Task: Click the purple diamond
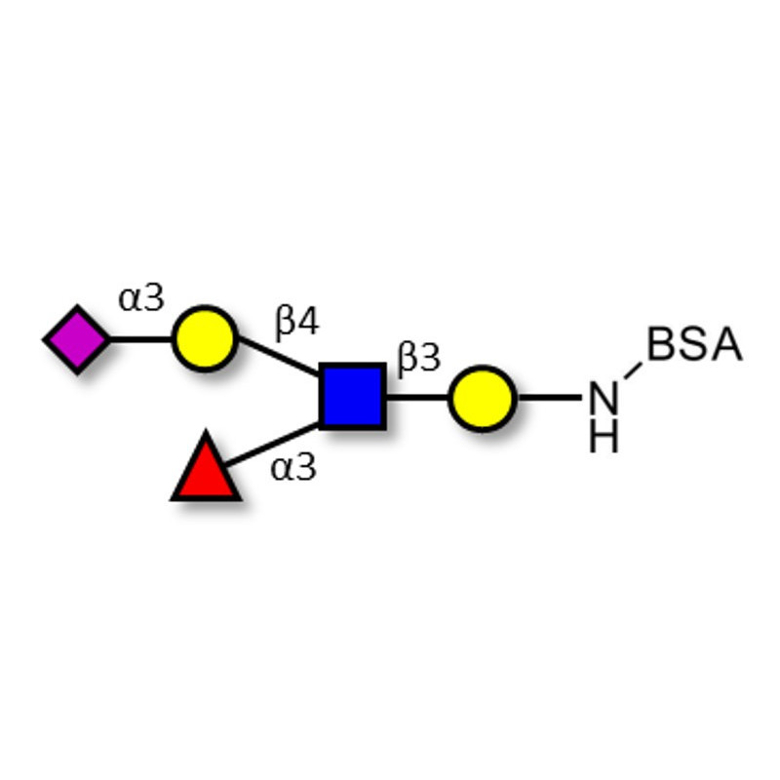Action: [76, 339]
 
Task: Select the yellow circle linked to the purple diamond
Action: [205, 339]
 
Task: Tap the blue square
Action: [352, 397]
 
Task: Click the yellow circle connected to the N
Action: [483, 398]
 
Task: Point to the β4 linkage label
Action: [296, 321]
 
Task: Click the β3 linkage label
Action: [419, 359]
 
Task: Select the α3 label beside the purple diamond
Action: [141, 298]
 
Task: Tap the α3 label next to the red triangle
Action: [293, 468]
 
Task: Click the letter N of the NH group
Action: [604, 399]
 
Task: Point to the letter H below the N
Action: [604, 438]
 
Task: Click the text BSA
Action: [694, 346]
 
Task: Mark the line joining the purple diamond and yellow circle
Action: [140, 339]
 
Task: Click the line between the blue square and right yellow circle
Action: [417, 398]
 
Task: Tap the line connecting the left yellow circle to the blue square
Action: [279, 358]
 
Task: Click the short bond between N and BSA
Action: [633, 371]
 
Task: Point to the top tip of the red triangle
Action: [206, 435]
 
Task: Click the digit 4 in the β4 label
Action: [308, 321]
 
